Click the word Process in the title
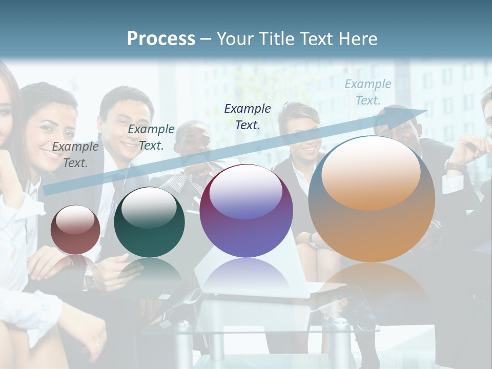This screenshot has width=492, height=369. coord(161,39)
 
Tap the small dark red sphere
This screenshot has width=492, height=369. coord(75,230)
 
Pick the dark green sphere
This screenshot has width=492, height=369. coord(149,223)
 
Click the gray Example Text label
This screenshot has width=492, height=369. coord(75,155)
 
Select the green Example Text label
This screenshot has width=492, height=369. coord(151,137)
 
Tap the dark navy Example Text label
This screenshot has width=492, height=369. coord(248,116)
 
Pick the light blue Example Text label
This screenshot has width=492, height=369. coord(368,92)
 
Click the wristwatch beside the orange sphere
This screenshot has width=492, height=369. coord(455,166)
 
